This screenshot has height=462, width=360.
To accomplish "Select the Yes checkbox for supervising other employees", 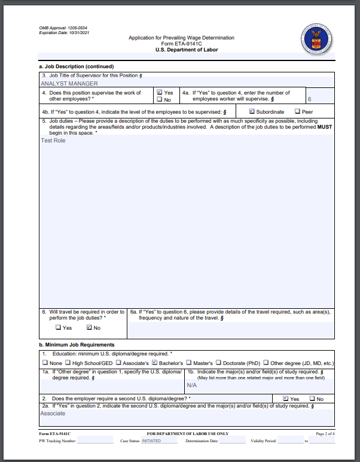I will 159,93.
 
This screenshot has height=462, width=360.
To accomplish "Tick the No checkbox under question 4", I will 159,100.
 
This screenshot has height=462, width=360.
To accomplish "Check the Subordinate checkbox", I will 252,111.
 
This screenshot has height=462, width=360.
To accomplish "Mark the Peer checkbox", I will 297,111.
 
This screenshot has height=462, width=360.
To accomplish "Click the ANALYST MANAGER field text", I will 69,84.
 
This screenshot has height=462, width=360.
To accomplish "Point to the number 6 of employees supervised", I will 309,99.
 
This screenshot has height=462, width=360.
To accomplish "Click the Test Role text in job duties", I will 53,141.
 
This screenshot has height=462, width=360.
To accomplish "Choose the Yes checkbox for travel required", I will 58,327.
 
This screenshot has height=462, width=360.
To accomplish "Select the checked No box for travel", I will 89,327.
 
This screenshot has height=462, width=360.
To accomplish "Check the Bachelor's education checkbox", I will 155,362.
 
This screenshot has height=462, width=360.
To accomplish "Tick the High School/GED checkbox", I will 68,362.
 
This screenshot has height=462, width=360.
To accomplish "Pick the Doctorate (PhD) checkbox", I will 218,362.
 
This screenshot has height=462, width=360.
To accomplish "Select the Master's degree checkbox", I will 188,362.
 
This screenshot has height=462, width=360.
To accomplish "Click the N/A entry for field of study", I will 191,385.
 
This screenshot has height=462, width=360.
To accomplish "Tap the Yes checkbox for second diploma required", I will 285,399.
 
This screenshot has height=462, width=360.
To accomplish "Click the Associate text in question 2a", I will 53,414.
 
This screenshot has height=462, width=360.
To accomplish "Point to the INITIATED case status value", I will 151,440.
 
